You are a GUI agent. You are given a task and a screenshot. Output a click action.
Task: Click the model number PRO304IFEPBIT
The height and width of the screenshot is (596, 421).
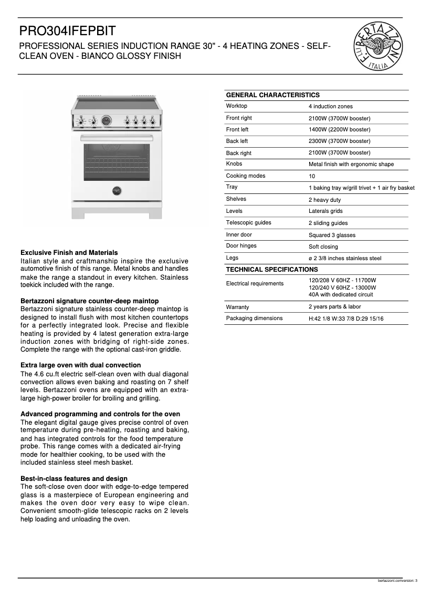click(x=68, y=31)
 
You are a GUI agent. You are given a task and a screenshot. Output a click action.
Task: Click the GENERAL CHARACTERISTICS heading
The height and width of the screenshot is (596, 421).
click(x=272, y=95)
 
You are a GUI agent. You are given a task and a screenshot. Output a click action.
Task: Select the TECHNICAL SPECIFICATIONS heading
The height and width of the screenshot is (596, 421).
click(x=271, y=270)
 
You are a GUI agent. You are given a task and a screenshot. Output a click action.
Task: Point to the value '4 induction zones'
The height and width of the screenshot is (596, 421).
click(x=330, y=107)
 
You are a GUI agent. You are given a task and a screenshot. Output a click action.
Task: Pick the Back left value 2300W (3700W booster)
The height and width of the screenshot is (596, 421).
click(x=339, y=141)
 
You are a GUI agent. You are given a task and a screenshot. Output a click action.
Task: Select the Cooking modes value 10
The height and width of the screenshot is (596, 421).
click(x=312, y=177)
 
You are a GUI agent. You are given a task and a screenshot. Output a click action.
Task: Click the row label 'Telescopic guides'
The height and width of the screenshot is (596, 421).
click(x=248, y=223)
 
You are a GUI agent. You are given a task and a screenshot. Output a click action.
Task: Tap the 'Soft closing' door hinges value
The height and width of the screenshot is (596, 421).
click(x=323, y=246)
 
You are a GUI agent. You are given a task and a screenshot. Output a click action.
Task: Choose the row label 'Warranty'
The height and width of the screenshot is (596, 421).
click(x=237, y=307)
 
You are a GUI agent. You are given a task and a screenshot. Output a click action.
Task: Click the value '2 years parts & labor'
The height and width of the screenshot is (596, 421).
click(x=334, y=307)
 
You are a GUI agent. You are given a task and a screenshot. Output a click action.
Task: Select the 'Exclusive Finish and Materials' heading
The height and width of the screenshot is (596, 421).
click(x=69, y=253)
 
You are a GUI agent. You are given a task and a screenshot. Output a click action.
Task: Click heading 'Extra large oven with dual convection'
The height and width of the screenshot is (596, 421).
click(x=80, y=365)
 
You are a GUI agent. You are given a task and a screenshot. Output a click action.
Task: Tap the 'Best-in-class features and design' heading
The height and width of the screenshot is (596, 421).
click(x=73, y=479)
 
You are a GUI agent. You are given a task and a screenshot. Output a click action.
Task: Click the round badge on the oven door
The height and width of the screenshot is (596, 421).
click(x=117, y=190)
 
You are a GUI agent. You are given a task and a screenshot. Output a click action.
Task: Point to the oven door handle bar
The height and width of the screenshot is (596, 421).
click(x=117, y=138)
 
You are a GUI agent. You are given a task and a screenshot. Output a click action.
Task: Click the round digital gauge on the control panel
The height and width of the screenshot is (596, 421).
click(x=107, y=121)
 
